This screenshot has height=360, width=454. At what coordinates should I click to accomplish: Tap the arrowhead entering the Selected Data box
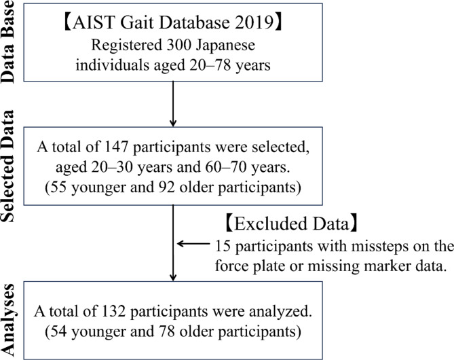[x=174, y=124]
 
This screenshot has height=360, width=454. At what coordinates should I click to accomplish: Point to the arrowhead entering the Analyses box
[x=174, y=276]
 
